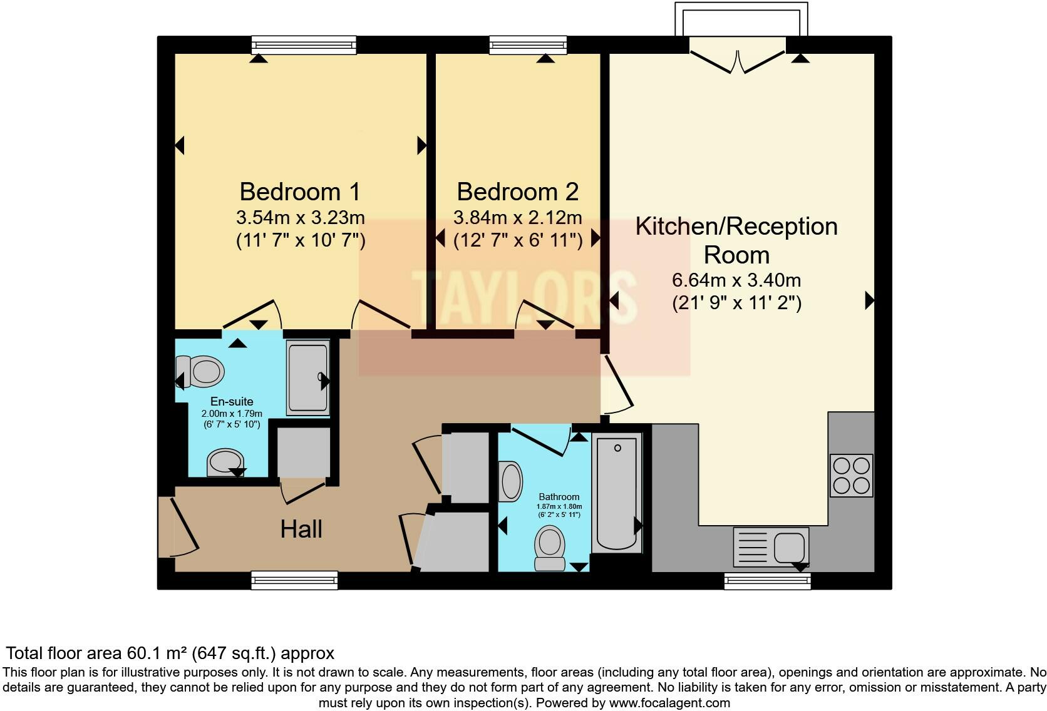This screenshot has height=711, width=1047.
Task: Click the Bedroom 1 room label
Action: click(x=300, y=192)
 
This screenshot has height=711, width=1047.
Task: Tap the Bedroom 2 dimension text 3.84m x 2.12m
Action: click(x=517, y=218)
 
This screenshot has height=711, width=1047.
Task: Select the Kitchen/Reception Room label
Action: click(x=736, y=240)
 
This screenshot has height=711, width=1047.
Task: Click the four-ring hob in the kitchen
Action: click(x=851, y=476)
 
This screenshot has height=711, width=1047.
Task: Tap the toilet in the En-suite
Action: click(x=200, y=371)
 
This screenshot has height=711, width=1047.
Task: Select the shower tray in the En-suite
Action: click(x=307, y=377)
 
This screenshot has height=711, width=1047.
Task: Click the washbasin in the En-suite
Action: click(x=225, y=462)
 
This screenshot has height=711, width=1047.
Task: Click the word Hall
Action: click(x=301, y=529)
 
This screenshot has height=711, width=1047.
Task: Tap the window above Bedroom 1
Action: click(x=304, y=44)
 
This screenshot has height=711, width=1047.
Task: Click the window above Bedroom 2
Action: click(x=528, y=44)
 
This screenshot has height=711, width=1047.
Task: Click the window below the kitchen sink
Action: click(x=767, y=581)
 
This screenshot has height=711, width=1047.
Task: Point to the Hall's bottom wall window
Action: click(x=294, y=581)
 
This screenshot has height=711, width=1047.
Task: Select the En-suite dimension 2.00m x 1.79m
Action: click(x=232, y=414)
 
